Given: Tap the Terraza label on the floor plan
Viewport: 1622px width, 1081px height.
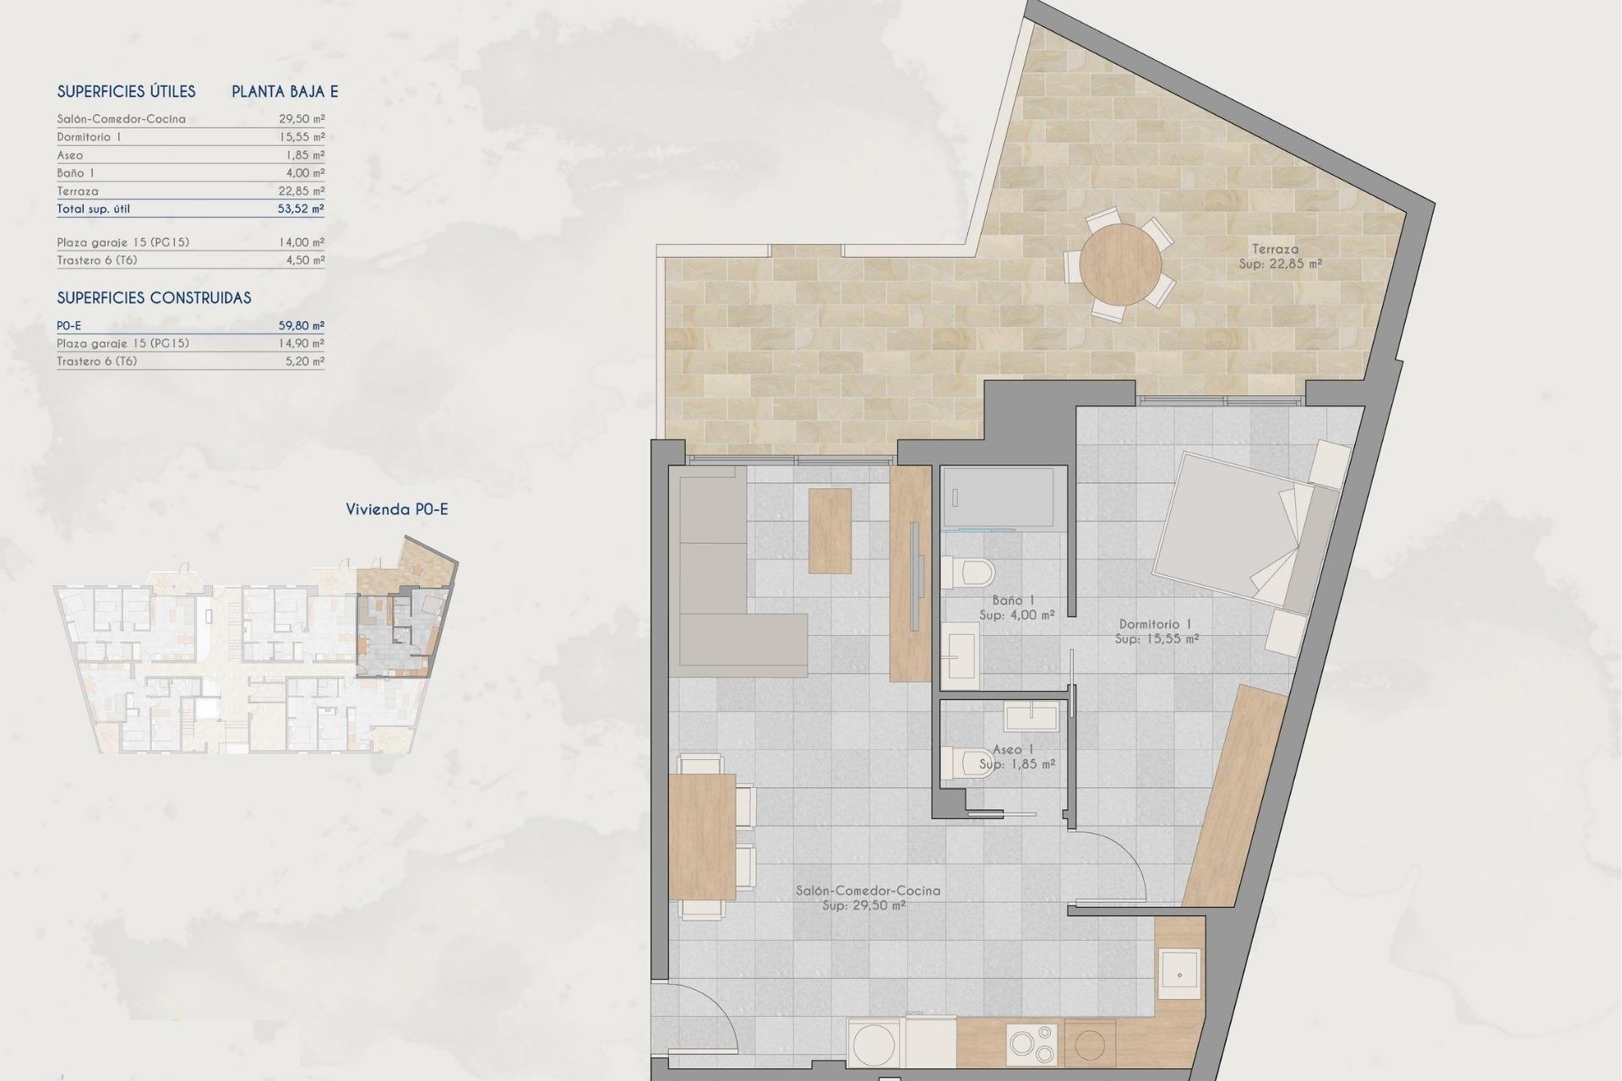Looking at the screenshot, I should click(x=1275, y=249).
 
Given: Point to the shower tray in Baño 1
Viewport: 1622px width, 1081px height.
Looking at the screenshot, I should click(x=998, y=497).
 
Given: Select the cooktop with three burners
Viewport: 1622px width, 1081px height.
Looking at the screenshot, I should click(x=1031, y=1044).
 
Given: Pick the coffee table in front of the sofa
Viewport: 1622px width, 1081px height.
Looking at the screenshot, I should click(x=830, y=531).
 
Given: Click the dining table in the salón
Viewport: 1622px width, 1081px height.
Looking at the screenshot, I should click(x=702, y=836).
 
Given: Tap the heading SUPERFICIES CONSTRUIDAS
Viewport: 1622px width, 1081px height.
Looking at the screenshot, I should click(x=154, y=298).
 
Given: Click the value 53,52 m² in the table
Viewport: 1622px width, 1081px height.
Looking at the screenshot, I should click(x=301, y=209).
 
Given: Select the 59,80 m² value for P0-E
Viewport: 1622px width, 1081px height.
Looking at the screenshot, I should click(x=301, y=325).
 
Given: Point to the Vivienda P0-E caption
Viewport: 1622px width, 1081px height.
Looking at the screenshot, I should click(x=396, y=509).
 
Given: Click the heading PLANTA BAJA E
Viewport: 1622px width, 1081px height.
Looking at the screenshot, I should click(x=285, y=92).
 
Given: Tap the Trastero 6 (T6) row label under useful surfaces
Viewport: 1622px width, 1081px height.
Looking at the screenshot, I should click(x=96, y=260).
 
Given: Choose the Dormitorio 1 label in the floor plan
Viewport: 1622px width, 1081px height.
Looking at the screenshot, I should click(x=1155, y=624).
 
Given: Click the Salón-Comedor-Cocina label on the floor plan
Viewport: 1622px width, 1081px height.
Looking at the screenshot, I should click(x=868, y=890).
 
